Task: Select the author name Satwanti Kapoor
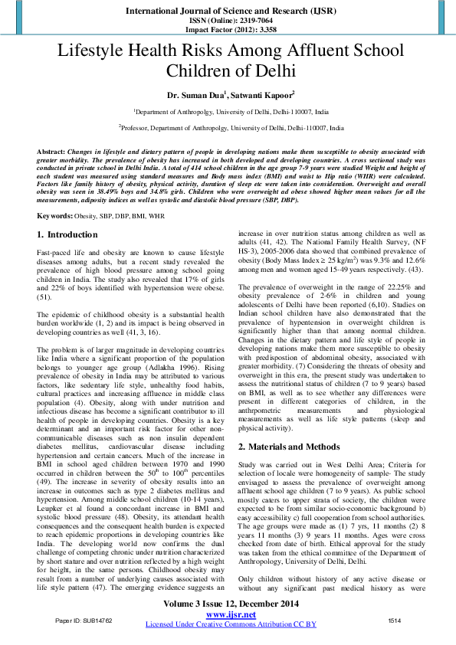261,94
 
